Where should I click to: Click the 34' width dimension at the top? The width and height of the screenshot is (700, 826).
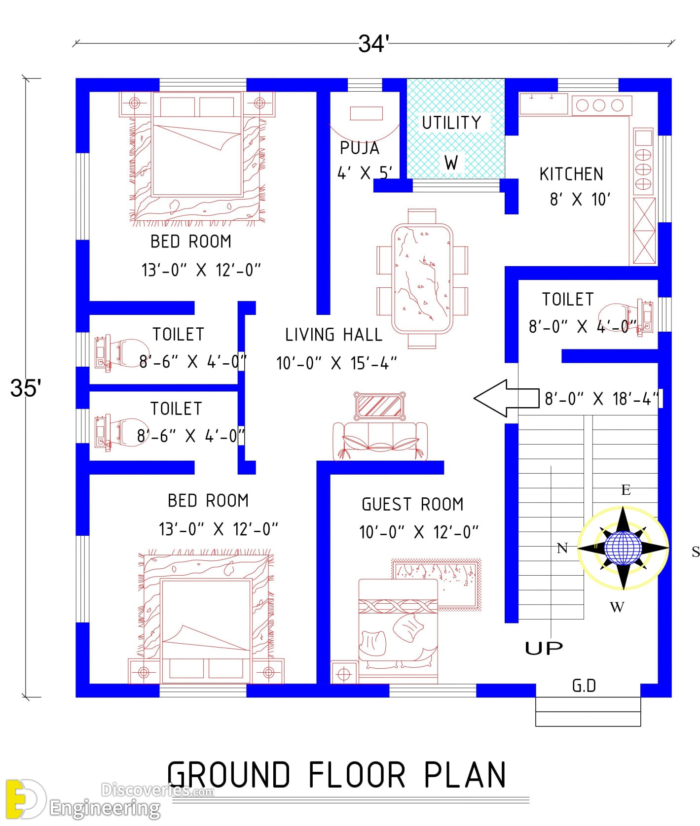tap(373, 43)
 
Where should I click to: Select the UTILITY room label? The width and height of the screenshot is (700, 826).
tap(451, 123)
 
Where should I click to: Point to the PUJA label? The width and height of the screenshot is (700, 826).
tap(360, 148)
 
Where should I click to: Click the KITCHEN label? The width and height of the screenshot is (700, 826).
tap(571, 174)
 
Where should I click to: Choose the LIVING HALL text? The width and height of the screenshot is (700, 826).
tap(333, 335)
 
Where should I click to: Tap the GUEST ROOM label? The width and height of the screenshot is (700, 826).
tap(412, 504)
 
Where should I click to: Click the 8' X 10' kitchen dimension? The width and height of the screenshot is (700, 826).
tap(580, 200)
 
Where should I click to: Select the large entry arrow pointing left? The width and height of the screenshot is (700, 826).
tap(506, 398)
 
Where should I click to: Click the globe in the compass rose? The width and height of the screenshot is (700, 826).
tap(623, 548)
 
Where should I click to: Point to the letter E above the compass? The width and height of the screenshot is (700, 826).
tap(626, 489)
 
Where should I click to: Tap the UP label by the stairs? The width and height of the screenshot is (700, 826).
tap(544, 648)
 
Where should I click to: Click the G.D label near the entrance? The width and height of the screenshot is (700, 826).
tap(584, 686)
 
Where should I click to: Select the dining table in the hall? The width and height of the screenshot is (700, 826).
tap(422, 279)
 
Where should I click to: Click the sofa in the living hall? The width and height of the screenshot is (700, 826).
tap(380, 442)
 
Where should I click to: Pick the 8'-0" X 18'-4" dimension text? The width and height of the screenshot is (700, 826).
tap(602, 398)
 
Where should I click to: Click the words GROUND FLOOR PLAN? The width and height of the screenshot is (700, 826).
tap(337, 775)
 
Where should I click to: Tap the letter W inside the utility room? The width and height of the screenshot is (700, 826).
tap(451, 163)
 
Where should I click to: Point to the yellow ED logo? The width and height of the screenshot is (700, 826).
tap(25, 799)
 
